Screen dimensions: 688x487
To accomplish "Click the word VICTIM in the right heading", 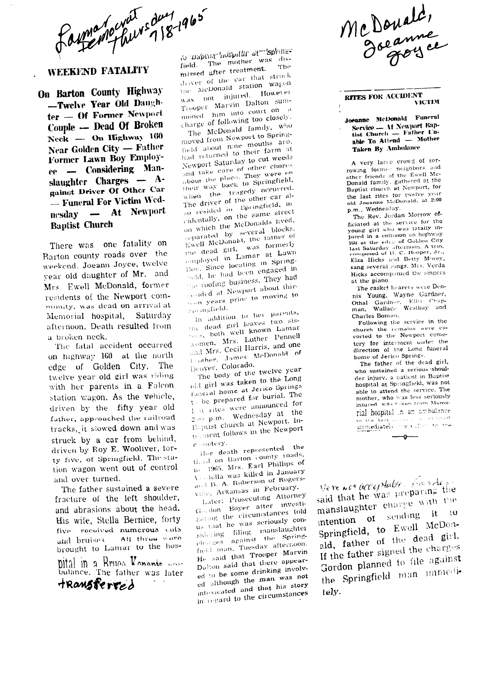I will pos(427,102).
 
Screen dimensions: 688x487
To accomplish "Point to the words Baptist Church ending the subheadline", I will pos(81,225).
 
